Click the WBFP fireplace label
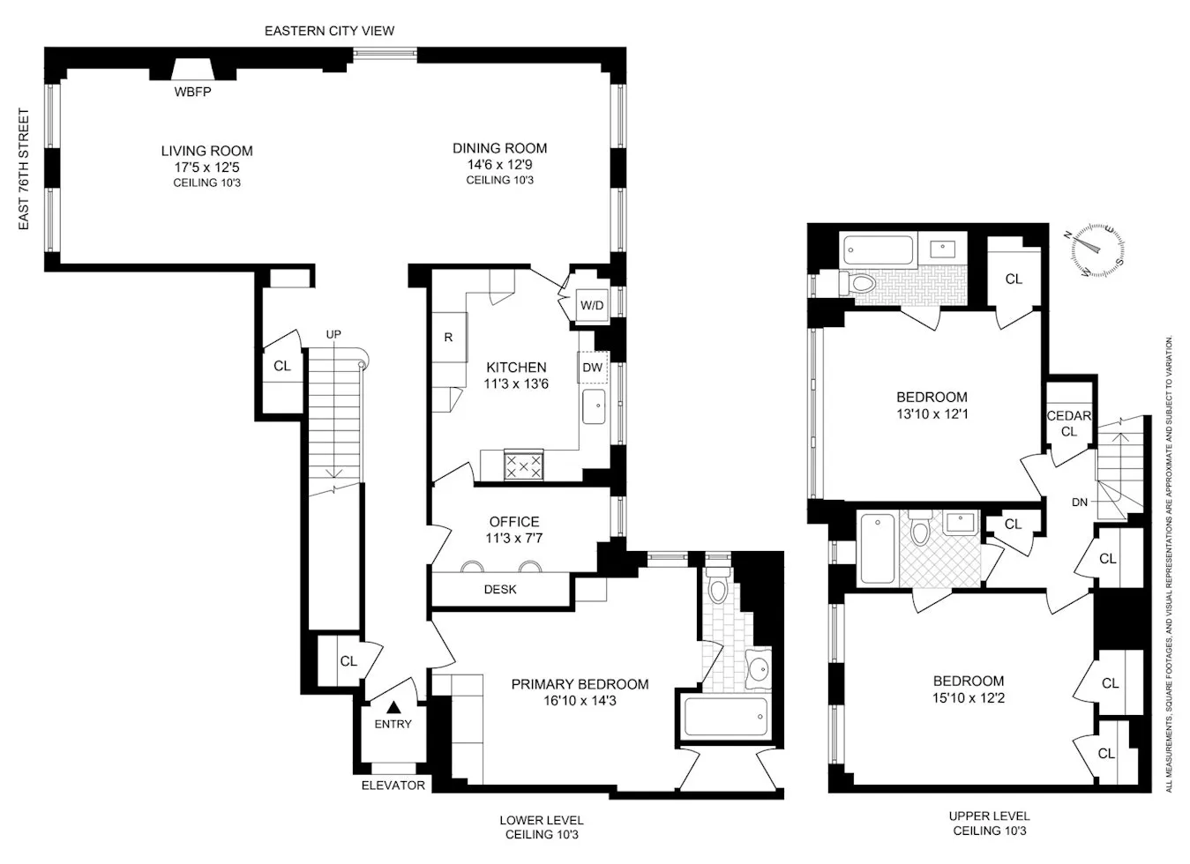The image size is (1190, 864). (192, 92)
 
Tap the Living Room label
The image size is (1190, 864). (206, 151)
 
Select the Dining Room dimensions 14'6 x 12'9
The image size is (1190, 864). (499, 164)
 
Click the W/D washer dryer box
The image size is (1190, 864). (592, 306)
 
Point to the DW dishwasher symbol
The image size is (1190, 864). (592, 368)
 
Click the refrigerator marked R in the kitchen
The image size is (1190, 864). (448, 337)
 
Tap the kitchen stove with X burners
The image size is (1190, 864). (523, 465)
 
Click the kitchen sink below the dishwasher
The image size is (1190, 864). (594, 407)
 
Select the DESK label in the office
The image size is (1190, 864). (500, 589)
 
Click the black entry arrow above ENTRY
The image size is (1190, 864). (393, 707)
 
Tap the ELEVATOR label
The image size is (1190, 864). (393, 785)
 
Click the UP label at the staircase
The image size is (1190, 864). (333, 334)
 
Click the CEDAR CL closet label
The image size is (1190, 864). (1069, 424)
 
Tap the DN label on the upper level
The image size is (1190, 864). (1080, 503)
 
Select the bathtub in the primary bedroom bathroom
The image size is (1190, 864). (725, 718)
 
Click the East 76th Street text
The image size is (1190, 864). (24, 169)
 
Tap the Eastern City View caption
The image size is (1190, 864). (329, 31)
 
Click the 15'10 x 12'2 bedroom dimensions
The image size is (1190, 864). (969, 697)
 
